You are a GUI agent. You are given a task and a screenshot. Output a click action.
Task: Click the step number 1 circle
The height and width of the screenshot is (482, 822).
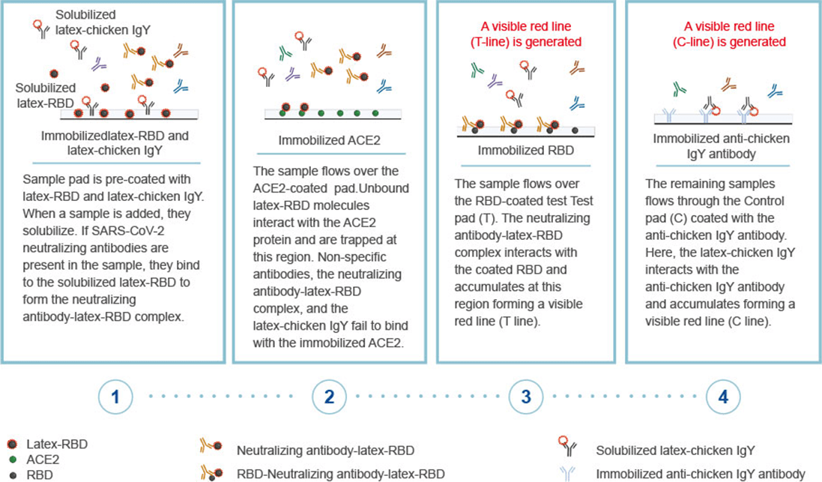coord(115,397)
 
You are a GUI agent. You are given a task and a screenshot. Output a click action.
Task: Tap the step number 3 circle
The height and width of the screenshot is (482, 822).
coord(526,397)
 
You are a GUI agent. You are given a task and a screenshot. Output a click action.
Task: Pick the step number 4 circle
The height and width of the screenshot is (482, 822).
coord(723,397)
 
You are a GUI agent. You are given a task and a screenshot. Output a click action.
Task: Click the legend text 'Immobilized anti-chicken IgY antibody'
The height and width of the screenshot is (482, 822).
coord(700,473)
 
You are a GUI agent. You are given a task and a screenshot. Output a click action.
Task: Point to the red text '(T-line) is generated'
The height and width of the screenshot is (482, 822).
coord(524,41)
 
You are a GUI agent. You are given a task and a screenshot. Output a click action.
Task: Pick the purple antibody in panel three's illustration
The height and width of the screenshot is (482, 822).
coord(495,81)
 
